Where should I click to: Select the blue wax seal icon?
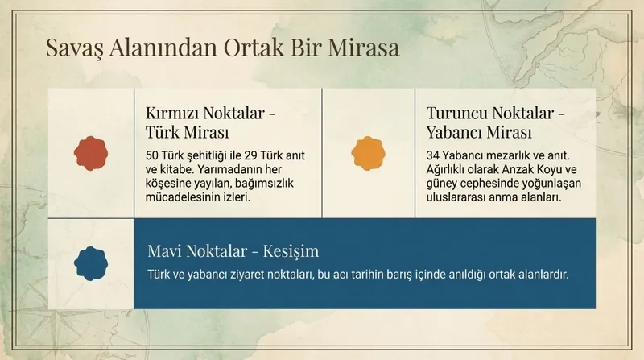point(90,263)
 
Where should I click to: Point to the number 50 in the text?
point(153,155)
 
